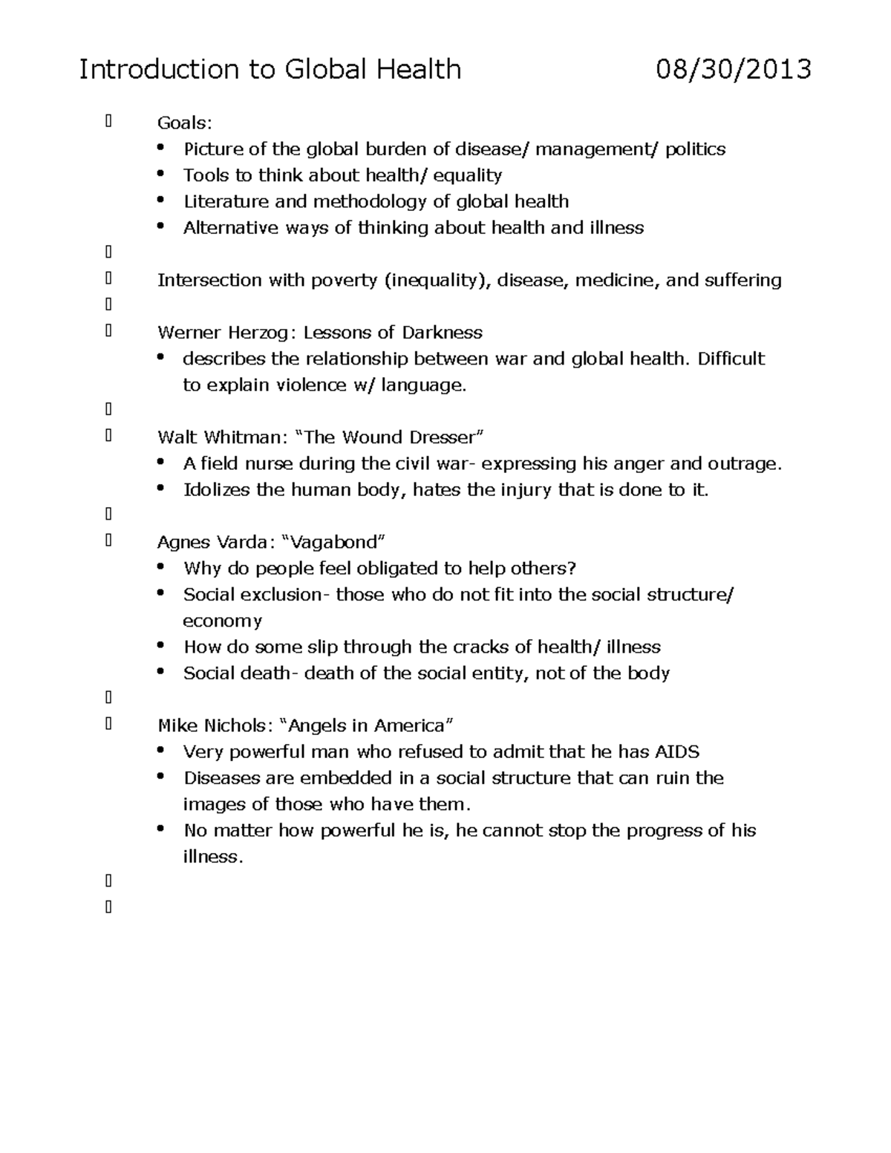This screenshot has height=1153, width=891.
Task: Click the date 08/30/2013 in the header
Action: tap(733, 70)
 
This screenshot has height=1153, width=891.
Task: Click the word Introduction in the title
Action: tap(158, 70)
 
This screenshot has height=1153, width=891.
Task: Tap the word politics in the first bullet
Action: tap(695, 149)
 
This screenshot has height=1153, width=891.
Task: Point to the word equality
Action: tap(469, 176)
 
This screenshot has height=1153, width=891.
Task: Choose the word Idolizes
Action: tap(217, 490)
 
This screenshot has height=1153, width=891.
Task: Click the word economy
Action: tap(222, 621)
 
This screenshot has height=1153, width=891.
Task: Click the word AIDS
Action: tap(676, 752)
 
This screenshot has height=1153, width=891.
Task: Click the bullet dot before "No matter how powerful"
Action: tap(162, 829)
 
